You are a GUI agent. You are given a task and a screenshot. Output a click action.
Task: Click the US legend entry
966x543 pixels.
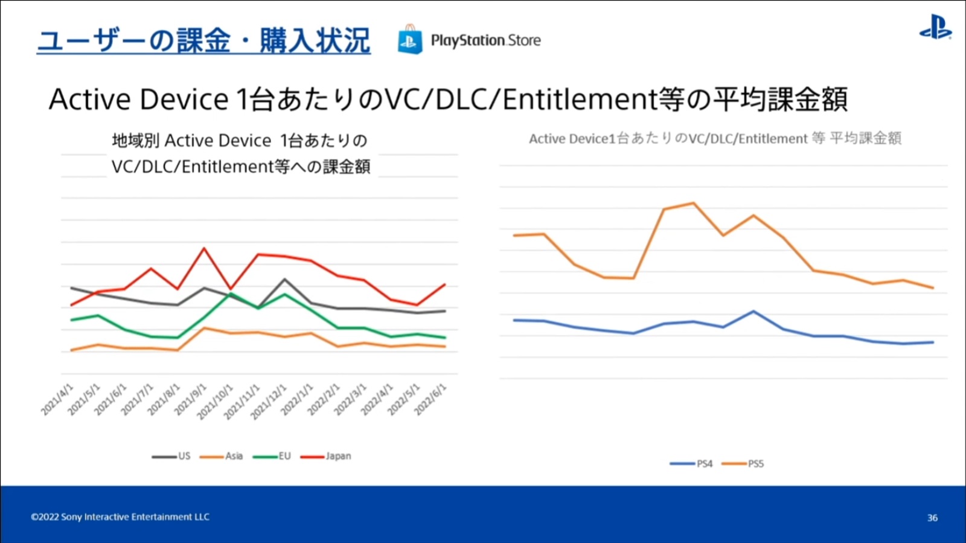tap(171, 456)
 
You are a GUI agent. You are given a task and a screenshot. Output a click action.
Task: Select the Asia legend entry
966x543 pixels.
tap(222, 456)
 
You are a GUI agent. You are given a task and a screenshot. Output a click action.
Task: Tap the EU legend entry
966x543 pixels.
tap(272, 456)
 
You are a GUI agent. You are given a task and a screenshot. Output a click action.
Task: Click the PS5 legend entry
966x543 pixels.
tap(743, 464)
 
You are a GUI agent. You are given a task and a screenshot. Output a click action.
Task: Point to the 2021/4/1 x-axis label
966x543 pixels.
tap(57, 399)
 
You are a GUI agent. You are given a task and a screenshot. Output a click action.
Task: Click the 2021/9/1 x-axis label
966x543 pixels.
tap(191, 399)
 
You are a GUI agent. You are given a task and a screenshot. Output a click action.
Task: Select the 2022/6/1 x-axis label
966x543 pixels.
tap(430, 399)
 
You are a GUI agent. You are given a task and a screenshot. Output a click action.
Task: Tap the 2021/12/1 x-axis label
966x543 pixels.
tap(269, 402)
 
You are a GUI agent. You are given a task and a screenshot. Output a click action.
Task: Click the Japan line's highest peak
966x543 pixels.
tap(204, 248)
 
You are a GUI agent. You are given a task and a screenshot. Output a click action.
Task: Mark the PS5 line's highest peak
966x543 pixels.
tap(693, 203)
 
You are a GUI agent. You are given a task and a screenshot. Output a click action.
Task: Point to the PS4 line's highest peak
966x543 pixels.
tap(753, 312)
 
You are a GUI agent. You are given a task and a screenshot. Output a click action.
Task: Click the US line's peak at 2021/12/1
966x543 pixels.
tap(284, 279)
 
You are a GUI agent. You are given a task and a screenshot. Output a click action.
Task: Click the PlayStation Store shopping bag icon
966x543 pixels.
tap(410, 40)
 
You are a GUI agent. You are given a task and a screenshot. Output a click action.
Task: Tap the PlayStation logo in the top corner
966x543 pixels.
tap(935, 28)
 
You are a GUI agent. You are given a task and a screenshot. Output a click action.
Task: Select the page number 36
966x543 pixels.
tap(932, 518)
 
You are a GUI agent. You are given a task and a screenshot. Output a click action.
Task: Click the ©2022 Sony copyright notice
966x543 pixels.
tap(120, 517)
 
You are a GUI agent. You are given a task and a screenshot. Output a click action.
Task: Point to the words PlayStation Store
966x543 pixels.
tap(485, 40)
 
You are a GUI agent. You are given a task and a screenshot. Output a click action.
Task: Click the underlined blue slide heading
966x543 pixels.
tap(203, 41)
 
